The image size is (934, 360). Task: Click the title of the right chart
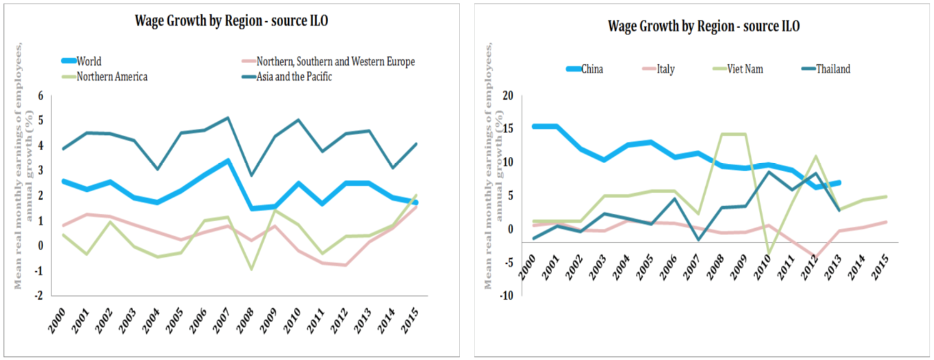(x=704, y=26)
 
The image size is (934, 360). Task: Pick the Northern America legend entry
(x=112, y=77)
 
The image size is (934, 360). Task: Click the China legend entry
(x=592, y=69)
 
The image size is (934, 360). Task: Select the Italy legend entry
(x=665, y=69)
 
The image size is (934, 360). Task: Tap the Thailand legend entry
(x=833, y=69)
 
